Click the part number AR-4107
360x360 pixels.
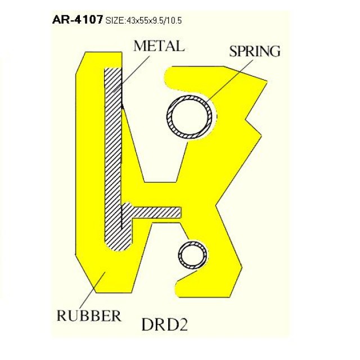tap(77, 20)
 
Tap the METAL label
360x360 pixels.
tap(159, 46)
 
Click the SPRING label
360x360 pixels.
tap(254, 51)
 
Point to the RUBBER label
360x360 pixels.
tap(89, 315)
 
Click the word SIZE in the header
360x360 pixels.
tap(115, 21)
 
